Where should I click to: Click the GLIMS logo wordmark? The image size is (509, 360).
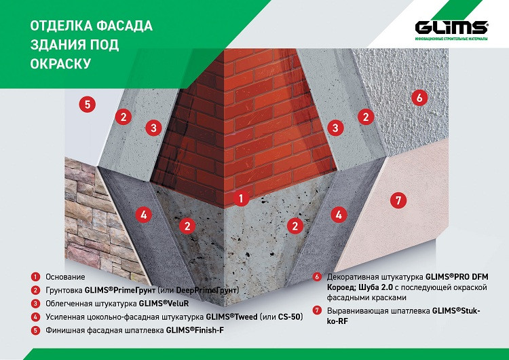coord(451,28)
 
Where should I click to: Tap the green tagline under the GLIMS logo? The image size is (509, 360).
coord(451,39)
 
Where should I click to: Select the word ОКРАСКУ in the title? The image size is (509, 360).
coord(60,64)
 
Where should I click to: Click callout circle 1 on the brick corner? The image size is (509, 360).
coord(241,198)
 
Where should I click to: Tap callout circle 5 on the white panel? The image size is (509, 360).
coord(88,105)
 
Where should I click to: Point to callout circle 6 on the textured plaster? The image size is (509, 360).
coord(419,97)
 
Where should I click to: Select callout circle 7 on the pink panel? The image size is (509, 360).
coord(398,200)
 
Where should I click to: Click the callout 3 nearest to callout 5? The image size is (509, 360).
coord(153,128)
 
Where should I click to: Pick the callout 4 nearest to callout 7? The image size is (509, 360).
coord(339,215)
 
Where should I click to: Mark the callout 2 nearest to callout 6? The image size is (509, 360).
coord(366,117)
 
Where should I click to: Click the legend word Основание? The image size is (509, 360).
coord(65,277)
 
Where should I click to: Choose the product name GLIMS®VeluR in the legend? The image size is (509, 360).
coord(164,304)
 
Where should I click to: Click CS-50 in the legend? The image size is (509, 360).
coord(290,317)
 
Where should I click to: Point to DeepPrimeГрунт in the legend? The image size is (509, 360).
coord(206,290)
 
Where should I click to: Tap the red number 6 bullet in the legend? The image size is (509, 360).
coord(317,277)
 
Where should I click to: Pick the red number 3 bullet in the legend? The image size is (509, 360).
coord(35,304)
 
